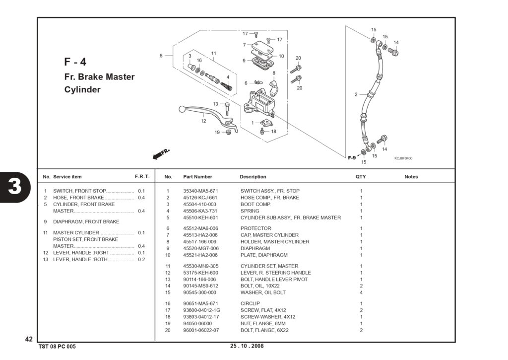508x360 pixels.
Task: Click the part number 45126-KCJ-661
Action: (x=200, y=198)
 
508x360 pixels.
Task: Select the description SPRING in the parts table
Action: (x=250, y=211)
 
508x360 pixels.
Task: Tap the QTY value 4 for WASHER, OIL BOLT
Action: (x=361, y=292)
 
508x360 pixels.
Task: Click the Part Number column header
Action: (x=197, y=177)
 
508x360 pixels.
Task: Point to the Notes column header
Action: (x=411, y=177)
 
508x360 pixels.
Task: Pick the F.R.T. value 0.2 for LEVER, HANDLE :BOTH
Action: (x=141, y=260)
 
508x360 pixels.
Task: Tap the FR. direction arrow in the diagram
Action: (x=161, y=154)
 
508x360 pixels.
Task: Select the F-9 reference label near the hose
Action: (x=352, y=158)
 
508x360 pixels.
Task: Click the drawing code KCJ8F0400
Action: (x=403, y=158)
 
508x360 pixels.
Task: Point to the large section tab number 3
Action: (x=15, y=187)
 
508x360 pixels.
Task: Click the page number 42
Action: (x=29, y=339)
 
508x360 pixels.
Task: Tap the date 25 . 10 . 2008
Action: (x=247, y=346)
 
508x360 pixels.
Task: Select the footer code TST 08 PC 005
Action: (x=57, y=347)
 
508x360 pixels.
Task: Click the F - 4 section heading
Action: (x=75, y=62)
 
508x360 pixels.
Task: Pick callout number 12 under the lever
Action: (x=203, y=121)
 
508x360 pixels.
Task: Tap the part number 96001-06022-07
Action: (x=201, y=330)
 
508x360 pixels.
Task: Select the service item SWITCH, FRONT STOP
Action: (x=80, y=191)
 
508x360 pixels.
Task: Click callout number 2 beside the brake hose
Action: (x=356, y=95)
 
